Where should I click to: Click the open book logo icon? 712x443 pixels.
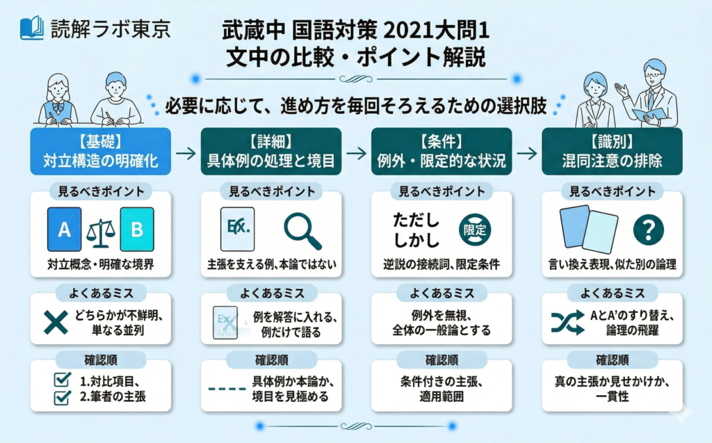(x=32, y=29)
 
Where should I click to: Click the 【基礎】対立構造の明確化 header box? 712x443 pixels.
(x=100, y=152)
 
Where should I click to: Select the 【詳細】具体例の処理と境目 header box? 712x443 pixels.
(x=271, y=152)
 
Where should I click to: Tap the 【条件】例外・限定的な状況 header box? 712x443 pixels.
(x=442, y=152)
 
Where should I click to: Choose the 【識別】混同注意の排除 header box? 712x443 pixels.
(x=612, y=152)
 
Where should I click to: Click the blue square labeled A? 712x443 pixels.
(x=65, y=229)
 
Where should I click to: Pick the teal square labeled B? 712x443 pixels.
(x=137, y=229)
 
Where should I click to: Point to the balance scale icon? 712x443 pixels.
(x=100, y=233)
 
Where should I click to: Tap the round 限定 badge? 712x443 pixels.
(x=475, y=230)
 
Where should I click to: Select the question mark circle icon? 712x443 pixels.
(x=649, y=230)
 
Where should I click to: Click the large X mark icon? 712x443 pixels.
(x=56, y=322)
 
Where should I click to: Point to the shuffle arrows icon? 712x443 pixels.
(x=567, y=323)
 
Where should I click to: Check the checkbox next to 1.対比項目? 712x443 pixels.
(x=62, y=380)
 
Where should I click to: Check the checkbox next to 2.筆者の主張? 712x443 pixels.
(x=62, y=397)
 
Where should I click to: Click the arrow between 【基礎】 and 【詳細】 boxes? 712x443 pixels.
(x=186, y=153)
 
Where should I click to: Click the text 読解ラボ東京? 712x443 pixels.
(x=111, y=29)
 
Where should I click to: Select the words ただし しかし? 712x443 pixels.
(x=416, y=230)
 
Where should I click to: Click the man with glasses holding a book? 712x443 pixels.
(x=650, y=95)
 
